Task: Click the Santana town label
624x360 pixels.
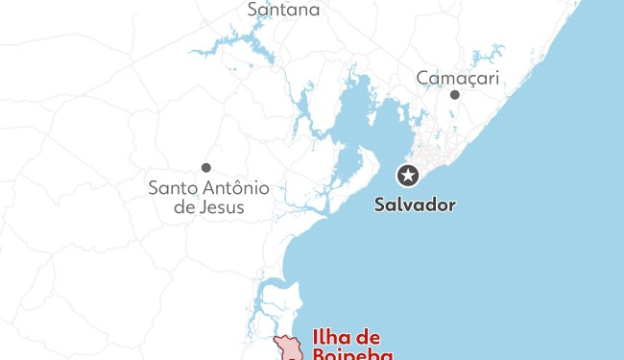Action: pyautogui.click(x=283, y=10)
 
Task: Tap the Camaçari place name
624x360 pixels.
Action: pyautogui.click(x=458, y=78)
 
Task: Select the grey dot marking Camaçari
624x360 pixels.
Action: pyautogui.click(x=455, y=94)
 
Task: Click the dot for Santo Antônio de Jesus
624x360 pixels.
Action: pyautogui.click(x=205, y=167)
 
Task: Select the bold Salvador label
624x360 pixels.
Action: pyautogui.click(x=415, y=204)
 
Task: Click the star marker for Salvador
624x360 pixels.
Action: pyautogui.click(x=409, y=175)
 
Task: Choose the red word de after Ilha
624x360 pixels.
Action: pyautogui.click(x=370, y=338)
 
